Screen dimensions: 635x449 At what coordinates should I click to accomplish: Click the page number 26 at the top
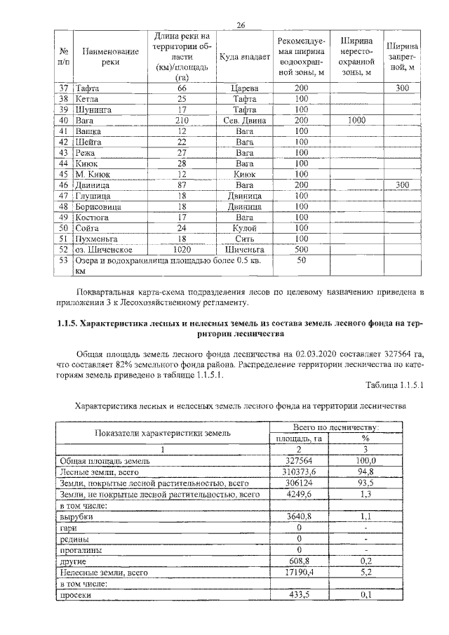(241, 25)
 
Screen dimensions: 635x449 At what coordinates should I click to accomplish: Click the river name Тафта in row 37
(88, 88)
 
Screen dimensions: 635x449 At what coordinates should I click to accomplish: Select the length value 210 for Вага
(181, 120)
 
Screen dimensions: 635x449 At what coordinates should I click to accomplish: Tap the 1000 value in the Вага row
(356, 120)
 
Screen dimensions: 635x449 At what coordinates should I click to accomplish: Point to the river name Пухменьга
(98, 239)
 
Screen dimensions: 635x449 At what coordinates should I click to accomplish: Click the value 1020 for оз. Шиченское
(181, 249)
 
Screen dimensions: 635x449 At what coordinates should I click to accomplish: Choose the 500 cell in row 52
(302, 249)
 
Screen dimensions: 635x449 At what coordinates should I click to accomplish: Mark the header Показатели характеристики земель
(162, 432)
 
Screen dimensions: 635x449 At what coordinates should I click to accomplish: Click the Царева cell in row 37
(245, 88)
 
